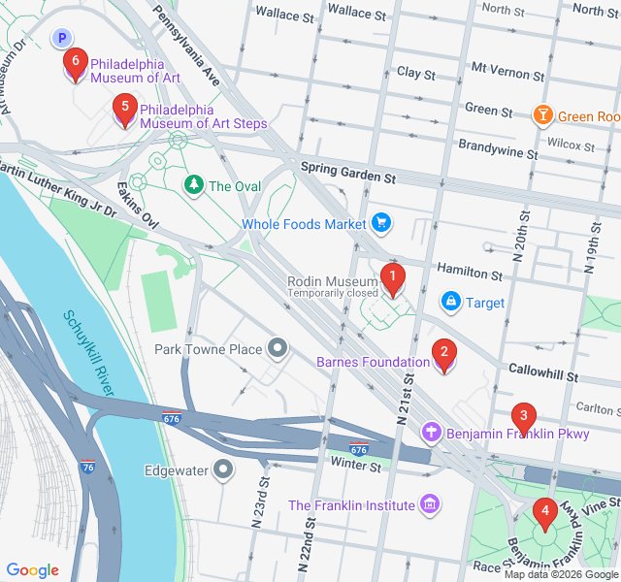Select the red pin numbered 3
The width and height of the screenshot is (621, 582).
pyautogui.click(x=524, y=417)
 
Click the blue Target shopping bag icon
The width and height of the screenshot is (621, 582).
pyautogui.click(x=450, y=302)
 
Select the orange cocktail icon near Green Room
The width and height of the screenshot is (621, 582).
pyautogui.click(x=543, y=116)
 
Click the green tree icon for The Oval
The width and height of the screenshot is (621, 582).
pyautogui.click(x=194, y=184)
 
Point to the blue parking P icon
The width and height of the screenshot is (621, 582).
pyautogui.click(x=62, y=38)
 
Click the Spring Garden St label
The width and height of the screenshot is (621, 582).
pyautogui.click(x=348, y=173)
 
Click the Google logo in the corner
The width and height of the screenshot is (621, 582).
pyautogui.click(x=33, y=570)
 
